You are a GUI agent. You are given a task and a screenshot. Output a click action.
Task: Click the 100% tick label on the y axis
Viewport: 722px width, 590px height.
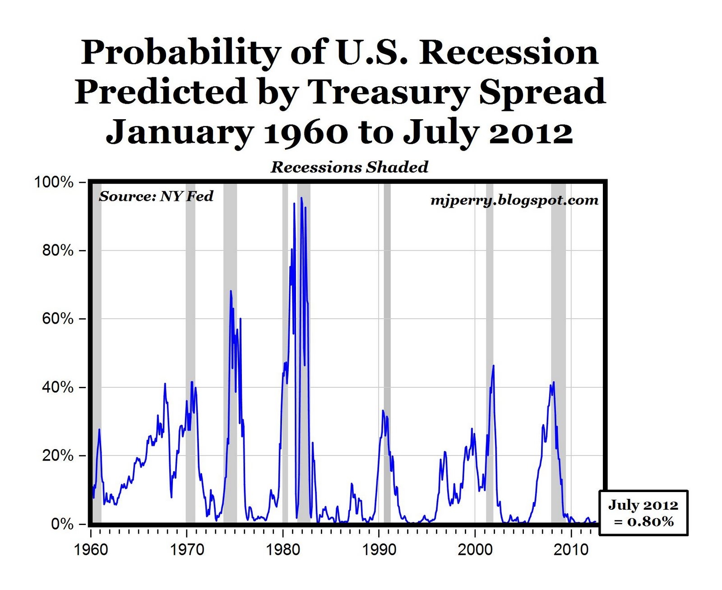[54, 182]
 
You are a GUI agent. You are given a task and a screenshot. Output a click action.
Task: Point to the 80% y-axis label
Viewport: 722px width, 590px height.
[57, 251]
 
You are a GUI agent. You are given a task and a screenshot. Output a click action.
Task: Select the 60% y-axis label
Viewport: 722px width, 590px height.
[57, 319]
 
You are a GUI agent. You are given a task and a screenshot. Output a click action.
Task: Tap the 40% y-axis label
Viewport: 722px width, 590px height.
[57, 387]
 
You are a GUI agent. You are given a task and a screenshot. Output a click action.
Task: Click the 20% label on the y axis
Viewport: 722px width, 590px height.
[57, 455]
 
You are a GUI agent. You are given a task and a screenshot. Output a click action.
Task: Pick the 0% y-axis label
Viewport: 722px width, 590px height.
[62, 524]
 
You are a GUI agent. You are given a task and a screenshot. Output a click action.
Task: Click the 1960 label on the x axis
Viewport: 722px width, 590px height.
[91, 550]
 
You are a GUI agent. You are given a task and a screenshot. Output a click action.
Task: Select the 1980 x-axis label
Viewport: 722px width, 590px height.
[283, 550]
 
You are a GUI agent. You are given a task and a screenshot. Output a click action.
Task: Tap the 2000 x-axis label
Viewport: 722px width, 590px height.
[475, 550]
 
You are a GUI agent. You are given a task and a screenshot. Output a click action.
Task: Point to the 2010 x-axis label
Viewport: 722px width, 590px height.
[571, 550]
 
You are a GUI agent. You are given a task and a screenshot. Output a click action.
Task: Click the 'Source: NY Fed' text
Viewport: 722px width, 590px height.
[156, 196]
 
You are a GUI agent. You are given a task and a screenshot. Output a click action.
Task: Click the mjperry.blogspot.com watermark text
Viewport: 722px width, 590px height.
[514, 200]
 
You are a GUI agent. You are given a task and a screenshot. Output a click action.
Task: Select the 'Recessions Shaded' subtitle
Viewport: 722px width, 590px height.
[349, 167]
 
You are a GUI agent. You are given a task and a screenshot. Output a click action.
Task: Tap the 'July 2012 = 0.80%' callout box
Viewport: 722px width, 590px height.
[643, 513]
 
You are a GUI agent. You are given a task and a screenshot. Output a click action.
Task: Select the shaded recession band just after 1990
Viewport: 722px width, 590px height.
[387, 352]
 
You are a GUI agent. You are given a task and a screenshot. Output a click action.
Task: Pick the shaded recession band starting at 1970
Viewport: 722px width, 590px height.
[190, 352]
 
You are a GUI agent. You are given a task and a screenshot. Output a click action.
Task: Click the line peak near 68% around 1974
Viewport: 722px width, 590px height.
[231, 291]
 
